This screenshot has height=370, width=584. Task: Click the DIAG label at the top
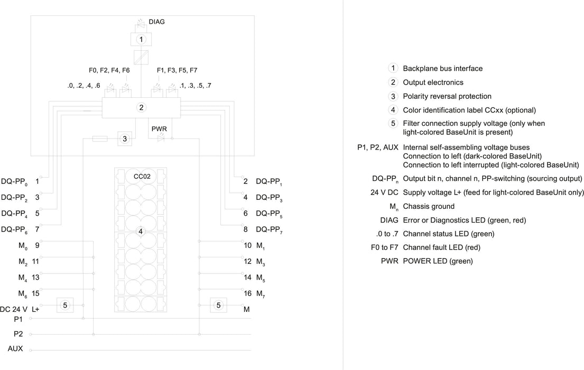point(156,22)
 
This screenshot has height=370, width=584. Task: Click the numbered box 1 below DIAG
point(141,39)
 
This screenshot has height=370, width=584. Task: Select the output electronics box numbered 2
point(141,108)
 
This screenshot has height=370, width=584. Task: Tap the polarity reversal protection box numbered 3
point(125,139)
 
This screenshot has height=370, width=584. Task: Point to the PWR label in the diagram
point(159,129)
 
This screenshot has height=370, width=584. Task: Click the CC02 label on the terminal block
point(142,176)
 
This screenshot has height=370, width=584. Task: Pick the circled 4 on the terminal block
point(141,232)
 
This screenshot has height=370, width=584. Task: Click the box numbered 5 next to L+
point(65,305)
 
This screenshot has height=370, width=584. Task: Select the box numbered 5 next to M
point(218,305)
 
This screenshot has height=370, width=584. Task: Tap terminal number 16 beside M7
point(248,293)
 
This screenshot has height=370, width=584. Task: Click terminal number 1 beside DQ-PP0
point(37,181)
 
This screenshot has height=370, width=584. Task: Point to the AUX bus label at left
point(15,349)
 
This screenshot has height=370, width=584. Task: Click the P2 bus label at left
point(18,334)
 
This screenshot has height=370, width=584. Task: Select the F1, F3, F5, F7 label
point(177,70)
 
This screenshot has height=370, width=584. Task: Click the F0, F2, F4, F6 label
point(109,70)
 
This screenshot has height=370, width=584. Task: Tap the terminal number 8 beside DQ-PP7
point(245,229)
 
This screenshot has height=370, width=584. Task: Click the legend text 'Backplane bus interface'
point(443,69)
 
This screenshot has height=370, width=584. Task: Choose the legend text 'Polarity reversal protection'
point(447,96)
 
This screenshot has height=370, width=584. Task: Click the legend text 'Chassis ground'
point(429,207)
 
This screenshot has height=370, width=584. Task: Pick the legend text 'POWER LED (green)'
point(438,261)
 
